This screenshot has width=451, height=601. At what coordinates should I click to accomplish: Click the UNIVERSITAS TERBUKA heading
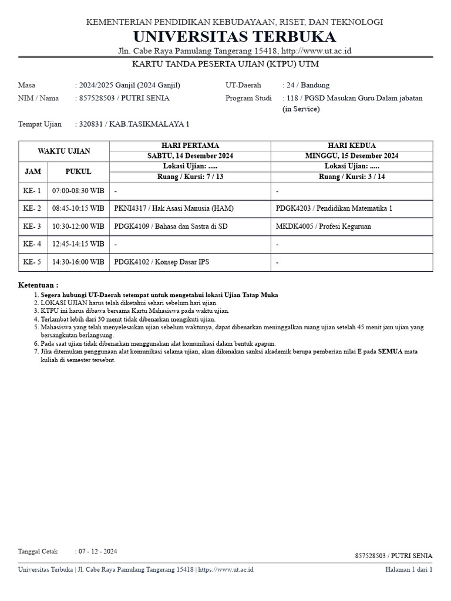[234, 37]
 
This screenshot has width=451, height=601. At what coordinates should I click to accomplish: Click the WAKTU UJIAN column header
[64, 151]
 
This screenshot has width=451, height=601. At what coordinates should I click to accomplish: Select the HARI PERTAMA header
[190, 146]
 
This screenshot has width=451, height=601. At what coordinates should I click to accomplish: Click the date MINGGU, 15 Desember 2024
[352, 156]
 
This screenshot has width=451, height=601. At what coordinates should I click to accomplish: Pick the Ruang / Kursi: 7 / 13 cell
[190, 177]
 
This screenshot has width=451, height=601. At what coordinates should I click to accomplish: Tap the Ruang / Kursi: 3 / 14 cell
[352, 177]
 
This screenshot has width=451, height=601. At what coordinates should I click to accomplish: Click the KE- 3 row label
[32, 227]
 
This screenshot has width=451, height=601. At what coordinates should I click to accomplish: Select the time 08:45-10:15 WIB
[78, 208]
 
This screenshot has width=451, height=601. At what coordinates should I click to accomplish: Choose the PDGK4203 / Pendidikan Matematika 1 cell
[334, 208]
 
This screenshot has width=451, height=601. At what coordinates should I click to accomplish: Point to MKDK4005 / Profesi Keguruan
[324, 227]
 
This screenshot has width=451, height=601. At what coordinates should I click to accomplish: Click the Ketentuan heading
[38, 285]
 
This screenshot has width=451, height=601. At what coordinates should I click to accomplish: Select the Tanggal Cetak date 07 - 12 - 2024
[97, 551]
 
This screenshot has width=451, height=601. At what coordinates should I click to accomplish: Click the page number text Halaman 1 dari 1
[409, 569]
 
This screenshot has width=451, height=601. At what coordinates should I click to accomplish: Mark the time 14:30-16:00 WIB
[78, 262]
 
